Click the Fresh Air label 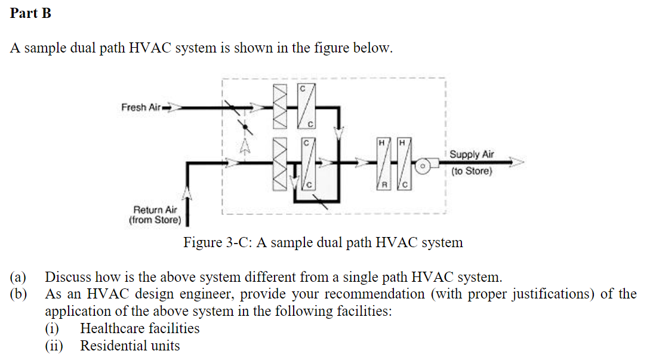[141, 107]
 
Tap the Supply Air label [472, 155]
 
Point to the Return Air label [155, 210]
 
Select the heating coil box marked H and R [386, 165]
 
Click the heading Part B [30, 13]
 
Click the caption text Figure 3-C [323, 242]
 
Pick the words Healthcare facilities [140, 328]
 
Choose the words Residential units [130, 346]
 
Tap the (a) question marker [19, 277]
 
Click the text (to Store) [472, 171]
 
